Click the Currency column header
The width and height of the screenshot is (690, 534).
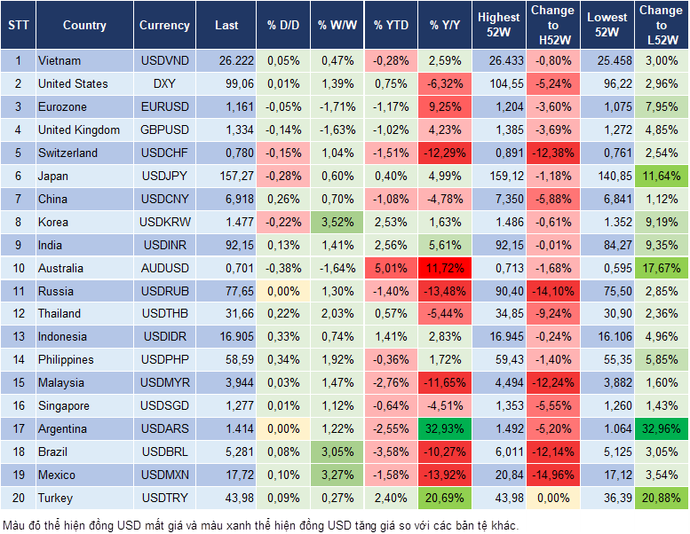[x=164, y=25]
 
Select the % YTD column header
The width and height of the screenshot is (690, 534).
[x=391, y=25]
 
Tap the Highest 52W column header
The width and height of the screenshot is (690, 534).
[x=498, y=25]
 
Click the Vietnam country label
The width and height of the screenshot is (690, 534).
[x=59, y=60]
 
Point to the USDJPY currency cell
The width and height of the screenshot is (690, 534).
[x=164, y=176]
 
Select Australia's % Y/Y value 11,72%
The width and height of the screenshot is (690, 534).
[x=445, y=268]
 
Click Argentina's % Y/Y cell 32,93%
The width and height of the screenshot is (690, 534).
[x=445, y=428]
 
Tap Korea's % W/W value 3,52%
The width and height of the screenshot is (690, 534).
[x=336, y=222]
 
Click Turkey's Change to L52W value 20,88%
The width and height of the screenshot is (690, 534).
[x=661, y=498]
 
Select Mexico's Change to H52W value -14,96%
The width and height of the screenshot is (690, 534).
[x=552, y=475]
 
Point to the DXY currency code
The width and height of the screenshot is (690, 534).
[x=164, y=83]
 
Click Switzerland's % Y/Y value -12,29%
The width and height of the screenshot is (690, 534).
[x=445, y=153]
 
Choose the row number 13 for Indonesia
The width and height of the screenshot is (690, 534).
[x=18, y=336]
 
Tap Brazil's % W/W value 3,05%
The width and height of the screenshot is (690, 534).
[x=336, y=452]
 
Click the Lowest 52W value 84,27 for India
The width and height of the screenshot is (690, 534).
[x=607, y=245]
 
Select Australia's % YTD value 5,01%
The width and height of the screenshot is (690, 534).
[x=391, y=268]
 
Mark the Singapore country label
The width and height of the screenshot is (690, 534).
[x=64, y=405]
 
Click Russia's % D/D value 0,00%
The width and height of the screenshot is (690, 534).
[x=282, y=291]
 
